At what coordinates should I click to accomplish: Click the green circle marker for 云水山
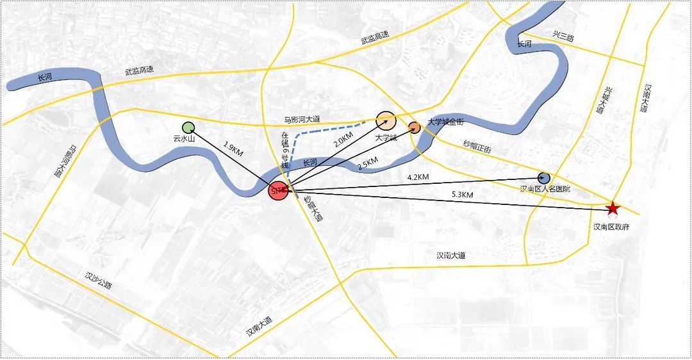[188, 128]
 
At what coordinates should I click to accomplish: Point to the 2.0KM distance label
[343, 140]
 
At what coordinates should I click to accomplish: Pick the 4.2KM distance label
[418, 177]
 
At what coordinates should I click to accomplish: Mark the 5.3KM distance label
[462, 194]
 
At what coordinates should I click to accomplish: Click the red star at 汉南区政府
[613, 208]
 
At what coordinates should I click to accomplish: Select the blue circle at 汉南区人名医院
[544, 179]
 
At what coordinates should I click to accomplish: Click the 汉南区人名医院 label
[545, 190]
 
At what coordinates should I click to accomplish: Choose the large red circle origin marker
[278, 191]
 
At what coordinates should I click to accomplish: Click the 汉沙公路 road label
[98, 281]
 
